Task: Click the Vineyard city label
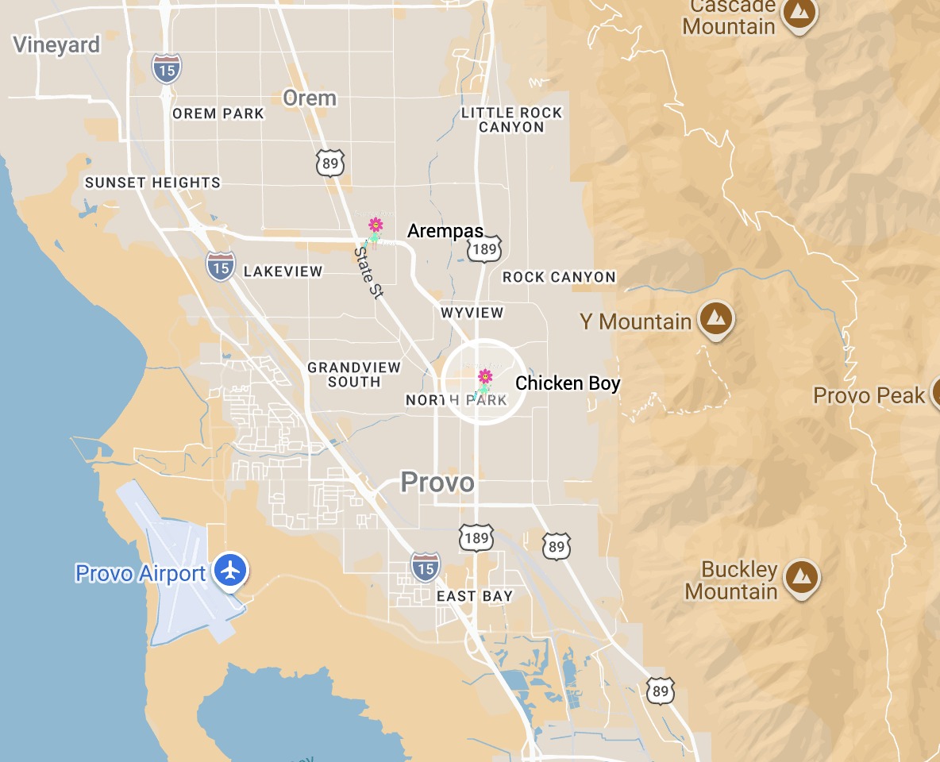click(x=57, y=44)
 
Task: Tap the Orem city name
click(x=310, y=98)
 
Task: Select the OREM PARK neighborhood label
click(x=218, y=114)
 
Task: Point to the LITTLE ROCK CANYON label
click(x=511, y=120)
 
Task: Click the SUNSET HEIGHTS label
click(x=152, y=183)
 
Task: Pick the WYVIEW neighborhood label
click(x=472, y=313)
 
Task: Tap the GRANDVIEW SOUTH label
click(x=354, y=374)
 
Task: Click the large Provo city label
click(x=437, y=482)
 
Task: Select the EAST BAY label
click(x=475, y=596)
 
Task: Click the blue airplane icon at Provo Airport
click(x=231, y=570)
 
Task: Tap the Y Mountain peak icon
click(x=716, y=319)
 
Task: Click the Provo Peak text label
click(x=869, y=395)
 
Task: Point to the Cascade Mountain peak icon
click(x=799, y=13)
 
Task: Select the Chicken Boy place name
click(x=568, y=383)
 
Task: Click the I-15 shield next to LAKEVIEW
click(x=221, y=267)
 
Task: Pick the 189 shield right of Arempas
click(x=483, y=249)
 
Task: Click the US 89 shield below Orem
click(x=329, y=163)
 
